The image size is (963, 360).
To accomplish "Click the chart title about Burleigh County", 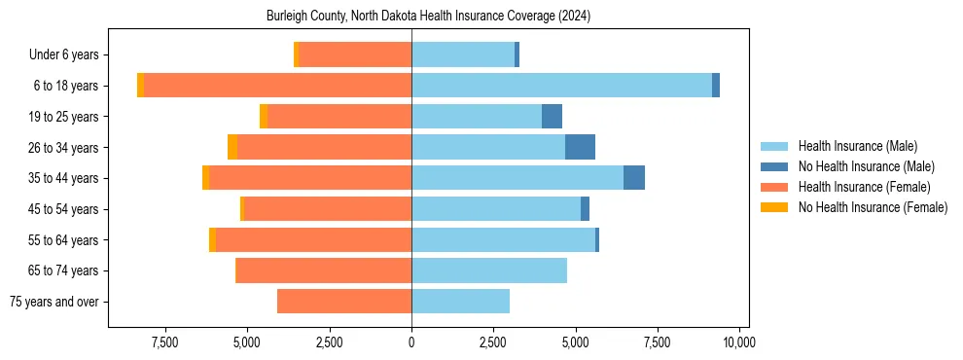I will [x=428, y=17].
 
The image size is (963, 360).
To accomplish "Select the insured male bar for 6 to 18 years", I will [x=561, y=86].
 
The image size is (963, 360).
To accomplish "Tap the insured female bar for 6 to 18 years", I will [x=277, y=86].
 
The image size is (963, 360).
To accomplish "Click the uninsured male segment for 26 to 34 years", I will [x=580, y=147].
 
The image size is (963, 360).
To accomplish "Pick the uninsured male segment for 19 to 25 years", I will [x=552, y=117].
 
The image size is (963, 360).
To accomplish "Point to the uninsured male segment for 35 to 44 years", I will [x=634, y=178].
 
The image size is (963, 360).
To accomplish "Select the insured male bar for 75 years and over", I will [x=460, y=302].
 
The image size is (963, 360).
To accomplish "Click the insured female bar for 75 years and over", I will [x=344, y=302].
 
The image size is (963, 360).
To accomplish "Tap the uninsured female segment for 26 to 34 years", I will [x=232, y=147].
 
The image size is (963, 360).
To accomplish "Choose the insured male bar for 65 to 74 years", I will [x=489, y=270].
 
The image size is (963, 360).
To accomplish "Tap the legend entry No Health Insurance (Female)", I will [x=873, y=207].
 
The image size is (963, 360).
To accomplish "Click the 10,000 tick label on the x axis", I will [x=739, y=342].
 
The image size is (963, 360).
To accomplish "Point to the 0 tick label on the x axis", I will [x=411, y=342].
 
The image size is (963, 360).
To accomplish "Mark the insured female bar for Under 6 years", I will [x=355, y=54].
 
